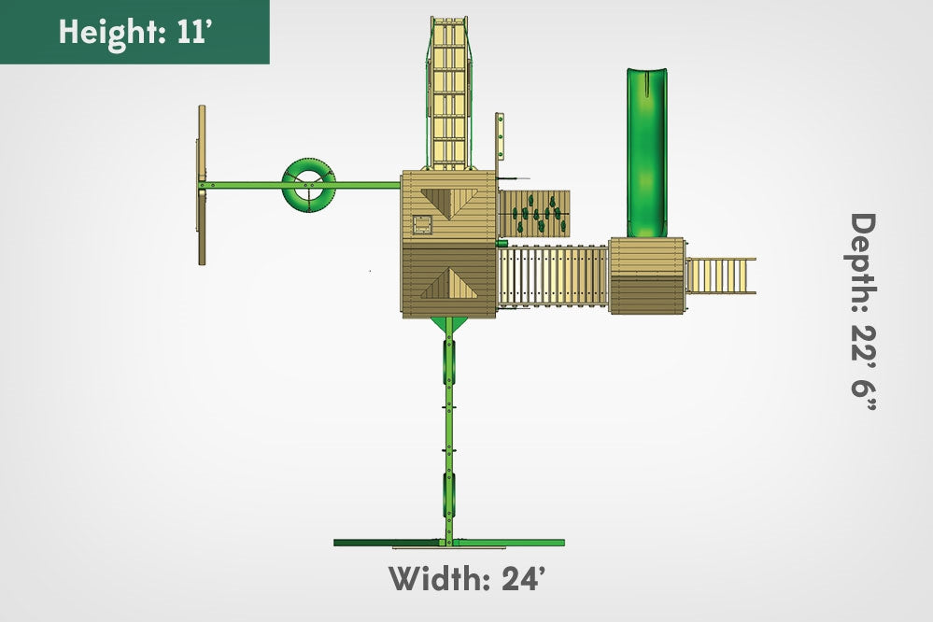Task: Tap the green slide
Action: point(647,152)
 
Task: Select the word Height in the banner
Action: point(112,33)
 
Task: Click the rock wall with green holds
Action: point(533,213)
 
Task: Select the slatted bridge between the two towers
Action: point(553,276)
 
